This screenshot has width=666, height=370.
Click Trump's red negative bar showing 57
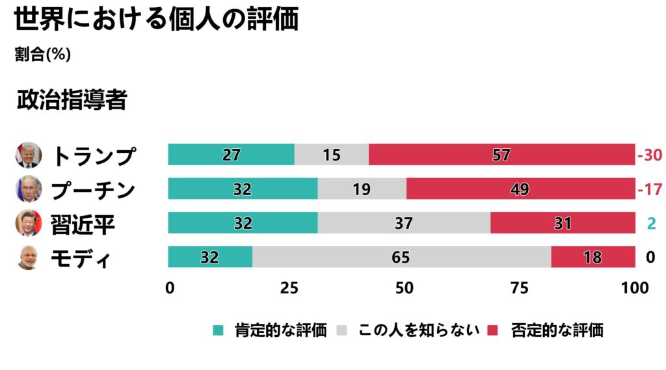coord(501,155)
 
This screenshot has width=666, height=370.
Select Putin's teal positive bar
coord(243,189)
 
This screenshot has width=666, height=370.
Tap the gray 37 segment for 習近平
coord(404,223)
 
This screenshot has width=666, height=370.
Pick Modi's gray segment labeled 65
coord(401,257)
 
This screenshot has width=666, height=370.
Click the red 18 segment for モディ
coord(593,257)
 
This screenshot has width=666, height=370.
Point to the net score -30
coord(649,155)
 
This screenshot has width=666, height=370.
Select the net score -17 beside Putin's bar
coord(649,190)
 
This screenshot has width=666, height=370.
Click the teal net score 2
coord(650,224)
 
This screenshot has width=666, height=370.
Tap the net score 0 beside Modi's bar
coord(650,258)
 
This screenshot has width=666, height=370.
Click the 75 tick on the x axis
coord(519,288)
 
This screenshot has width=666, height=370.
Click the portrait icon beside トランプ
coord(28,155)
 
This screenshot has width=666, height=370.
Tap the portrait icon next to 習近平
coord(28,223)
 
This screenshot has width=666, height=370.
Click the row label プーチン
coord(93,190)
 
